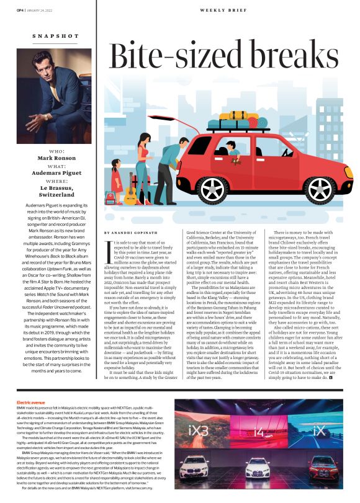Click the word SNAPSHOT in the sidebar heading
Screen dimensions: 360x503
pos(55,37)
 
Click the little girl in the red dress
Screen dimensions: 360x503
pos(117,180)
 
